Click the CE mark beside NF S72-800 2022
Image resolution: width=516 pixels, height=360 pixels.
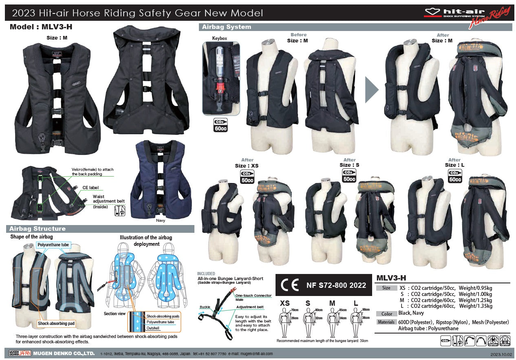pos(291,285)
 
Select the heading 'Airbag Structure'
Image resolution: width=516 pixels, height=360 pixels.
pos(37,229)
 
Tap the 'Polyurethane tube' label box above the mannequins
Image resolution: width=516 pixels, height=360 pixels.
pos(53,245)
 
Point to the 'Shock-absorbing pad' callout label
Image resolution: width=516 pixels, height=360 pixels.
pos(56,324)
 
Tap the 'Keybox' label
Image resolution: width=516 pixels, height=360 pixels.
pos(219,38)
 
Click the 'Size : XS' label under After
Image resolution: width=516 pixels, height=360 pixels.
pos(247,166)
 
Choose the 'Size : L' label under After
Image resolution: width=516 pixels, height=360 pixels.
pos(454,165)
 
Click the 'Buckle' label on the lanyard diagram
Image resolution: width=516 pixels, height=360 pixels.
pos(205,307)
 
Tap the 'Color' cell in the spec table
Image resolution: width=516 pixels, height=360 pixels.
pos(387,314)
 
